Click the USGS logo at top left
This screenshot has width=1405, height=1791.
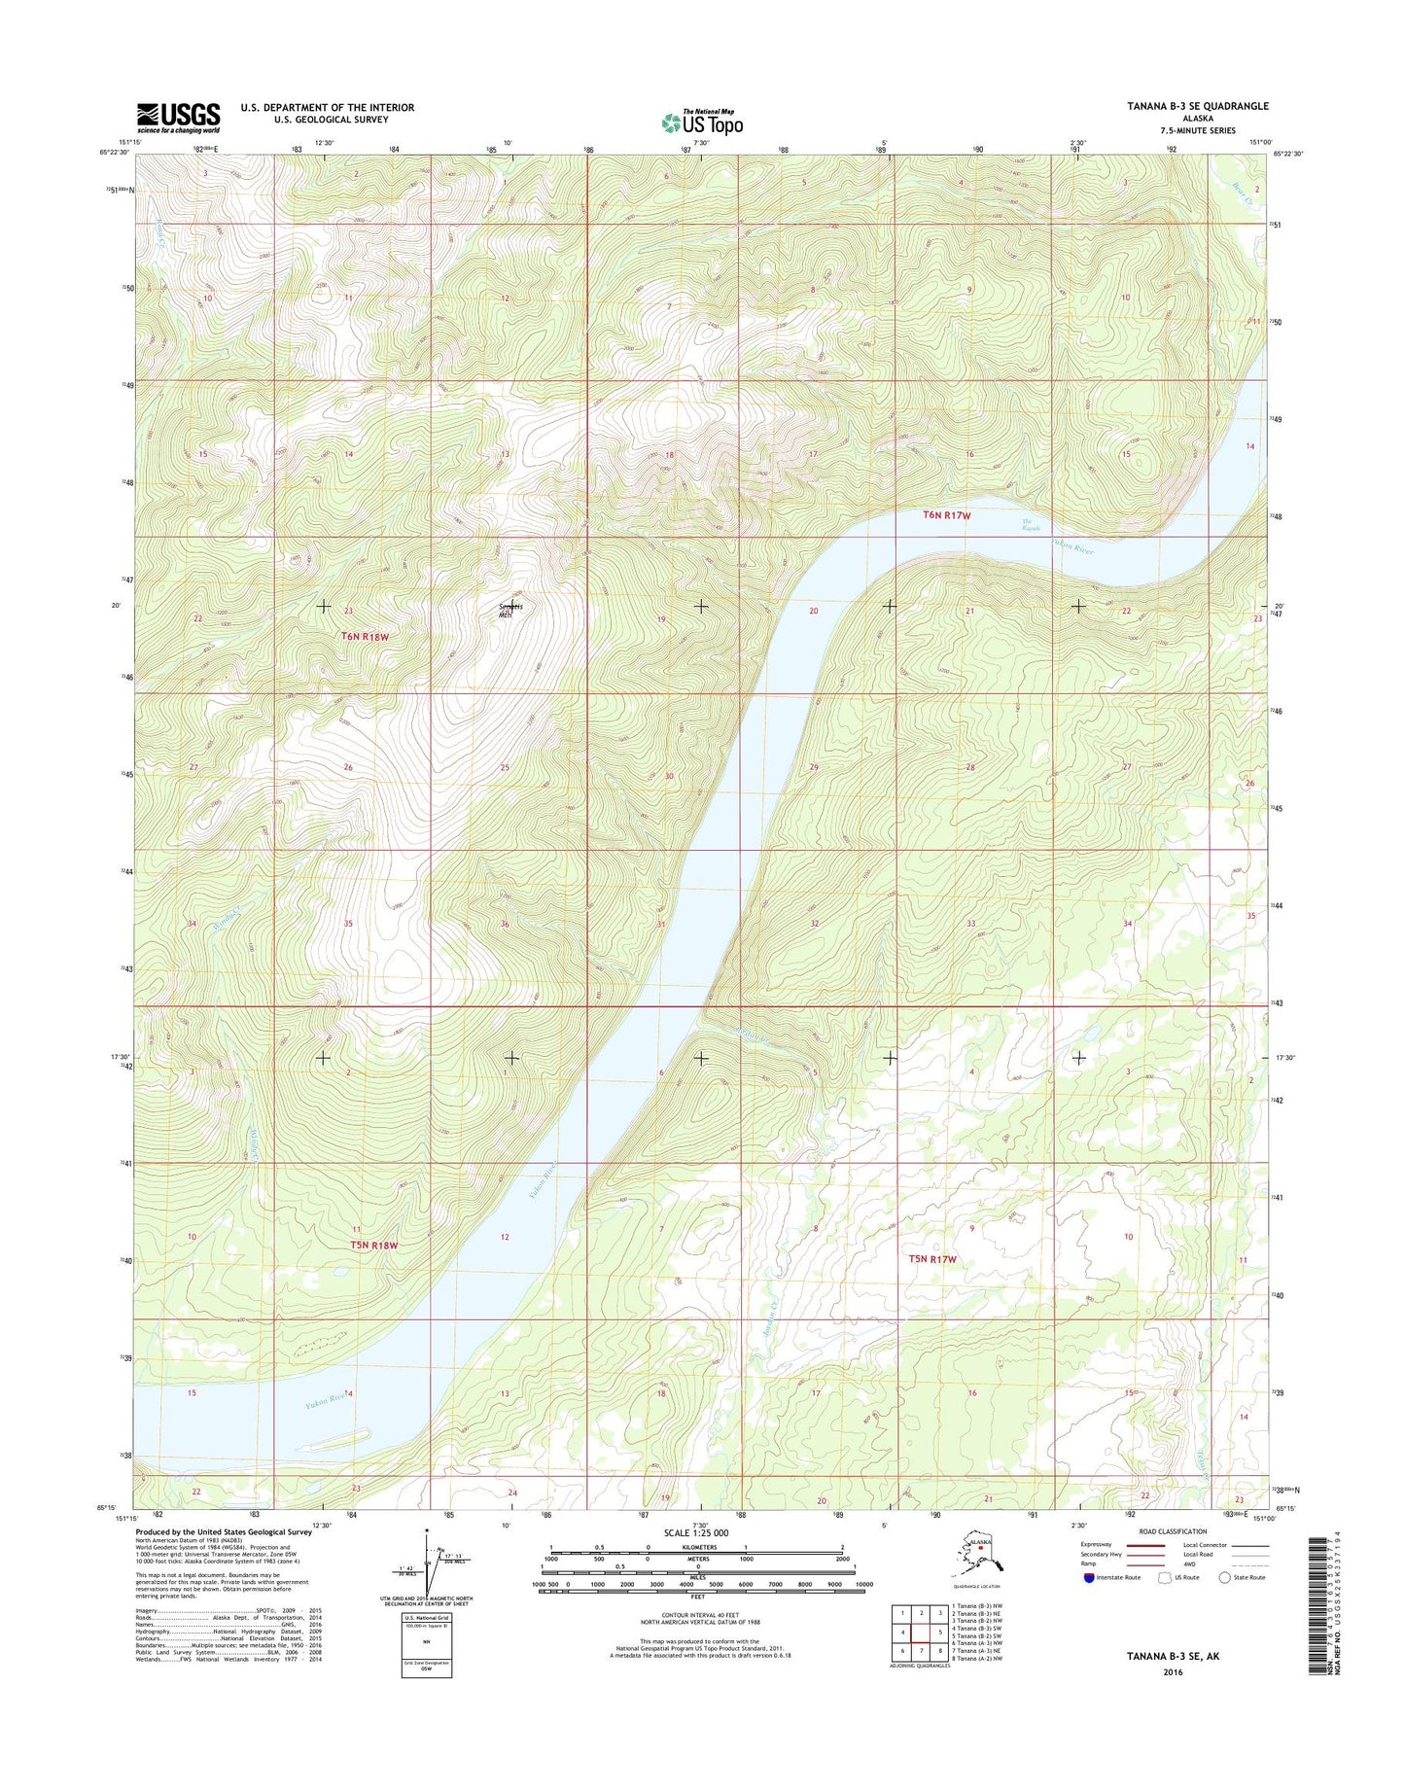click(178, 118)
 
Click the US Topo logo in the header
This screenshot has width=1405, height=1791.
click(702, 123)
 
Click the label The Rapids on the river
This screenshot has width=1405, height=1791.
click(1031, 526)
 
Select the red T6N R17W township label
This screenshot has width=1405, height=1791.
click(946, 515)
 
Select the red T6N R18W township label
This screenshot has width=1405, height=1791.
click(365, 637)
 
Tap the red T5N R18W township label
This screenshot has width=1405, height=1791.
click(374, 1245)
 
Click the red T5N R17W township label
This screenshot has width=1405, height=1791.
click(932, 1259)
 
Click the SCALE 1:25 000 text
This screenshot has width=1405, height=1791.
click(695, 1532)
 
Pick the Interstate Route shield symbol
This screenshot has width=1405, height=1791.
click(1088, 1577)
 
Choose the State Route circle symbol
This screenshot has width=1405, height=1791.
click(1225, 1577)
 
